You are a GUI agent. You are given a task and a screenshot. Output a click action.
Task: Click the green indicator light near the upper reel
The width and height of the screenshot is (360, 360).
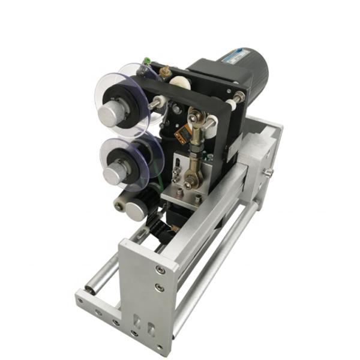click(146, 61)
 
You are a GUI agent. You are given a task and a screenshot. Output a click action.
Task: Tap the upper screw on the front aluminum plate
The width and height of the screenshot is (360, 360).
click(159, 269)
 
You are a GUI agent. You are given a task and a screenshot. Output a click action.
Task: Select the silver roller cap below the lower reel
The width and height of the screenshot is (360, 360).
click(137, 211)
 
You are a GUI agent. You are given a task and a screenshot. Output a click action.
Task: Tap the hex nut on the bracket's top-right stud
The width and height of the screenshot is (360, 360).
click(238, 98)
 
